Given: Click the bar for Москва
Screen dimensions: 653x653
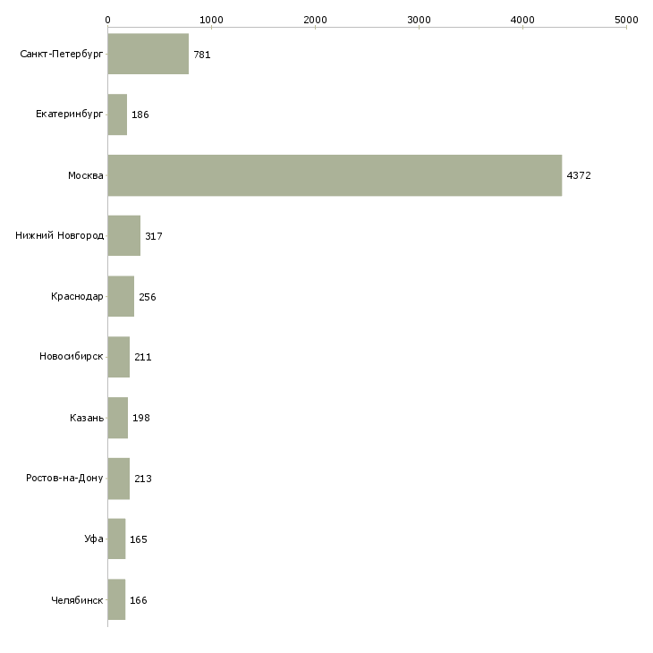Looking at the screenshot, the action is [335, 175].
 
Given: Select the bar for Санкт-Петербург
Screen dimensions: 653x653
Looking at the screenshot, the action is [148, 54].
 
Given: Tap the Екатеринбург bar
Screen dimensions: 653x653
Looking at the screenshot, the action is [117, 114].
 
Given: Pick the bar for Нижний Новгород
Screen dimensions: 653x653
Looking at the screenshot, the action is [124, 236].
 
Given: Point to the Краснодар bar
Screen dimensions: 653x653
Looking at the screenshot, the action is [121, 296].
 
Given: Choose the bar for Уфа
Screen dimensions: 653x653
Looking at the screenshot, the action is [116, 539].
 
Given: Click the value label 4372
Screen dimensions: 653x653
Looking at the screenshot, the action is [579, 175].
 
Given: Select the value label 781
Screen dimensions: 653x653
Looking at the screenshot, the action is [202, 55].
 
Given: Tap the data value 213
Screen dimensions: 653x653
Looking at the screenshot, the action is [143, 479].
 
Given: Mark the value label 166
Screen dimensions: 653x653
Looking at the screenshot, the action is [139, 600].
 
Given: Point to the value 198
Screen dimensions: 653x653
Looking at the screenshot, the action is [140, 418].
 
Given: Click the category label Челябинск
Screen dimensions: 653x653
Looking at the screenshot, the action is [77, 600].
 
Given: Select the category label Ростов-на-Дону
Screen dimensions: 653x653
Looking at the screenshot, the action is [64, 478].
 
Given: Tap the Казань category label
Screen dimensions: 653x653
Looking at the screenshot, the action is [87, 418].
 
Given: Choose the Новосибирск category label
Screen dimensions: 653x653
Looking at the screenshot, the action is [72, 357].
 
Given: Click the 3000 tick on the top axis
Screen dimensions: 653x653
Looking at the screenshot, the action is [419, 20].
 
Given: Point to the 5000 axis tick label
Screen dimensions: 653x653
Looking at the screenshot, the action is [626, 20].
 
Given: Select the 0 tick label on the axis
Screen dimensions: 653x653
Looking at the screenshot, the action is [108, 20].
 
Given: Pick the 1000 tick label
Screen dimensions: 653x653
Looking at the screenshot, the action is [212, 20].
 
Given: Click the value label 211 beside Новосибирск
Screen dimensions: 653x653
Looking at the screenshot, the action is [143, 357].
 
